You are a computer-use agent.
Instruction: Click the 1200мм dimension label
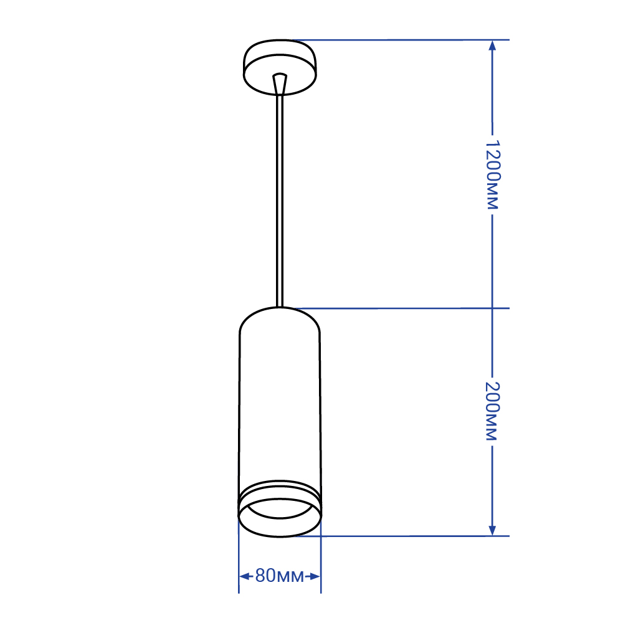[492, 174]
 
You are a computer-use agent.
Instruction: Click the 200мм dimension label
[492, 411]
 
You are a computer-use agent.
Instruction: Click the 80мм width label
[279, 576]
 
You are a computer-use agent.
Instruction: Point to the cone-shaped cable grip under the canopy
[280, 83]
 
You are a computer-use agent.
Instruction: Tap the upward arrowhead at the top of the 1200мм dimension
[492, 45]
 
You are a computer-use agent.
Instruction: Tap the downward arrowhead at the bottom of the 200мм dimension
[492, 530]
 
